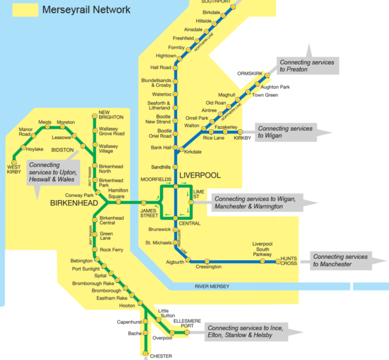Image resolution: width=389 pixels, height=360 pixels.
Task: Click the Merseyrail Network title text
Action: [x=86, y=10]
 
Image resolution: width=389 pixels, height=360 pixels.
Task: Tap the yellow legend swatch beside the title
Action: [x=22, y=10]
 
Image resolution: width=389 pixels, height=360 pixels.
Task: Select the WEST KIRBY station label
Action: [x=14, y=169]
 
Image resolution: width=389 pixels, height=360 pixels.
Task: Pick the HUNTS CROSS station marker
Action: [x=278, y=262]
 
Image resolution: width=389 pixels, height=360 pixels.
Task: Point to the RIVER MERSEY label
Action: [x=212, y=287]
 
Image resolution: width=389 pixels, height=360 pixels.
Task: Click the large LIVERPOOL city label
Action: [x=200, y=175]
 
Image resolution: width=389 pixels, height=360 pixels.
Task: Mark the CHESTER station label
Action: [x=161, y=356]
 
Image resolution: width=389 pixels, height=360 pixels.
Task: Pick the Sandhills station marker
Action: [x=175, y=167]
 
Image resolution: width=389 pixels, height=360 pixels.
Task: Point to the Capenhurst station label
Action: [x=129, y=322]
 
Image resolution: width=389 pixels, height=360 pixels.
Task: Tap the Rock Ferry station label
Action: [x=111, y=250]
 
